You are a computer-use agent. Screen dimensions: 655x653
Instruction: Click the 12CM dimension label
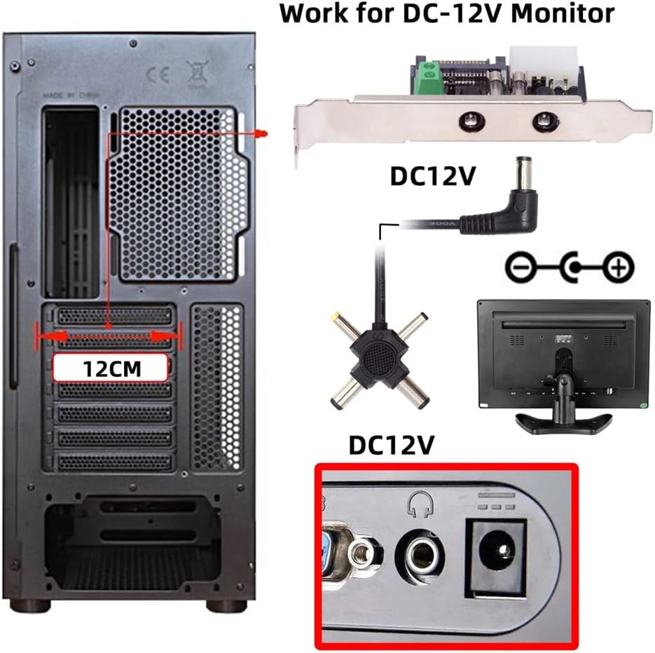110,368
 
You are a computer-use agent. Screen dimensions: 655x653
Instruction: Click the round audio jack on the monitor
420,557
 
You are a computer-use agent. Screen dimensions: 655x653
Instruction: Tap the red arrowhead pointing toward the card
261,134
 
